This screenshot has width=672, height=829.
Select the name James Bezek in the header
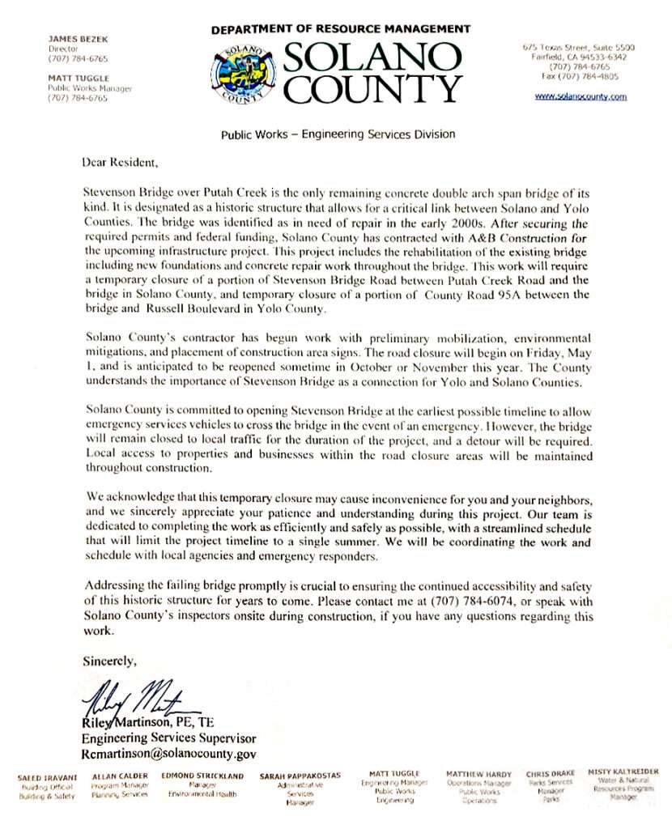pos(72,38)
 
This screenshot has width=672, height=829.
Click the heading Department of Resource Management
pos(341,29)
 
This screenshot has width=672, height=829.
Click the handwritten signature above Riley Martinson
pos(138,696)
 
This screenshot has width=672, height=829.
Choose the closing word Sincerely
pos(110,661)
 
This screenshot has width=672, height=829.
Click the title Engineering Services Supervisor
pos(168,738)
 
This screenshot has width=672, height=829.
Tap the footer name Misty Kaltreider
pos(623,772)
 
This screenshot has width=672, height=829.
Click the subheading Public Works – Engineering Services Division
pos(338,134)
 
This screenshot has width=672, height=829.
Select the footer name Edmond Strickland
pos(203,776)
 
